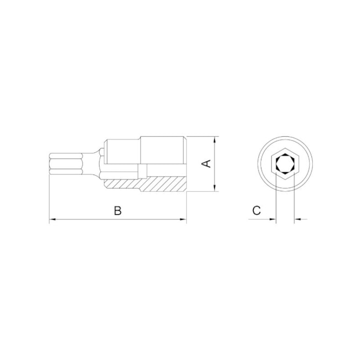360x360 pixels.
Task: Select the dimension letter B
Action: [117, 210]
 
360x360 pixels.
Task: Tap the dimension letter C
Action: [256, 210]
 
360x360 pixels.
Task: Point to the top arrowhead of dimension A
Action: [214, 139]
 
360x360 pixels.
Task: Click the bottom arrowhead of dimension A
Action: [214, 189]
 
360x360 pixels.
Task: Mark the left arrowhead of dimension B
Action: [53, 220]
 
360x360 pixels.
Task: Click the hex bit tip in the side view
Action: [65, 164]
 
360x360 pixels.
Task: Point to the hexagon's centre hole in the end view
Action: [285, 164]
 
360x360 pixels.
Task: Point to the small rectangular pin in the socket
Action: [143, 171]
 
